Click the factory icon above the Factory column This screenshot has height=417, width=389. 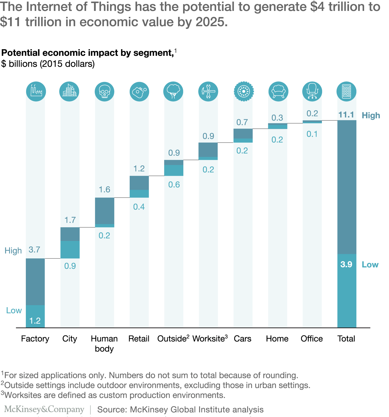point(36,91)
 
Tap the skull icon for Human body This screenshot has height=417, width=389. point(104,91)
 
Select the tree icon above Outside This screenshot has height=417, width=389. point(173,91)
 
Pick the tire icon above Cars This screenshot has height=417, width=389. point(244,91)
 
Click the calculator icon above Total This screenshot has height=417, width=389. point(346,91)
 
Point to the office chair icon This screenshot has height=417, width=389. point(312,91)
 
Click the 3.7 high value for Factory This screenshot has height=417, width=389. point(34,250)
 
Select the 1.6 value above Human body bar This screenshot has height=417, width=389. point(104,189)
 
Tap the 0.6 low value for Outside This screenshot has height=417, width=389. point(174,185)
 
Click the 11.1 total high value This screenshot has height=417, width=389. point(346,115)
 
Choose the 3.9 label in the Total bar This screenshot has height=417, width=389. point(346,264)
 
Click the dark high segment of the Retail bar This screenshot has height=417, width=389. point(139,183)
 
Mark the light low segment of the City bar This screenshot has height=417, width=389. point(70,250)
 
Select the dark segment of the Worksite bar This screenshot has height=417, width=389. point(208,150)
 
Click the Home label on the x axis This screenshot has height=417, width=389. point(277,339)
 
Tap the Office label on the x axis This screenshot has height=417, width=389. point(312,339)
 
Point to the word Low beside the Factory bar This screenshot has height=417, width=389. point(14,310)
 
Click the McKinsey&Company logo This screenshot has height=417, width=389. point(44,409)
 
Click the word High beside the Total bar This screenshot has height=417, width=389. point(371,115)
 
